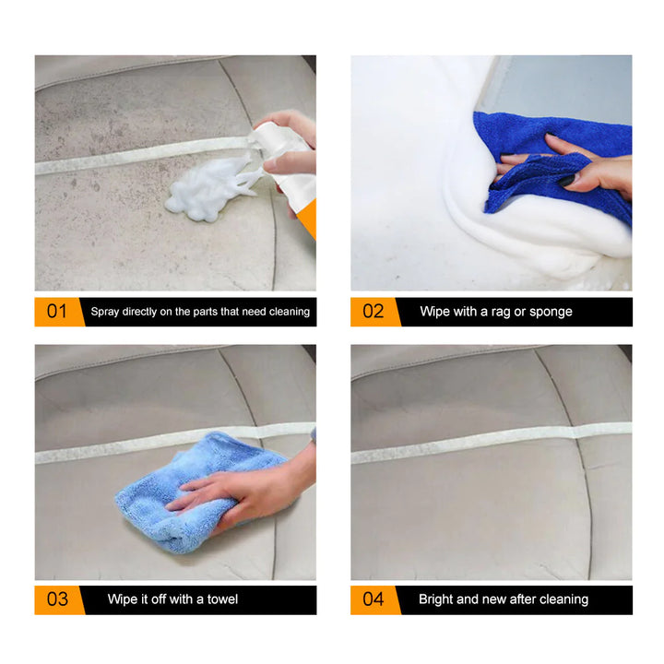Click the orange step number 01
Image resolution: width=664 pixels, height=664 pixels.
[56, 312]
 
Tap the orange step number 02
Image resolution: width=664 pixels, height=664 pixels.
[372, 312]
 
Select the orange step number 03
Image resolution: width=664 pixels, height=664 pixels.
[56, 599]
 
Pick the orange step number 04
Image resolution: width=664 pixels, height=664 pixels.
[372, 599]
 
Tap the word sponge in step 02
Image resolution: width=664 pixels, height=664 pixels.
[551, 312]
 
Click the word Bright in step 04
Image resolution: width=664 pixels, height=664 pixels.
[437, 599]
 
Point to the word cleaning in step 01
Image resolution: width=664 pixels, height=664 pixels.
[288, 312]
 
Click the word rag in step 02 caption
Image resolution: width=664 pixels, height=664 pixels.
[492, 312]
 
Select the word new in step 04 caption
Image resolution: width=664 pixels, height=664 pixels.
[496, 599]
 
